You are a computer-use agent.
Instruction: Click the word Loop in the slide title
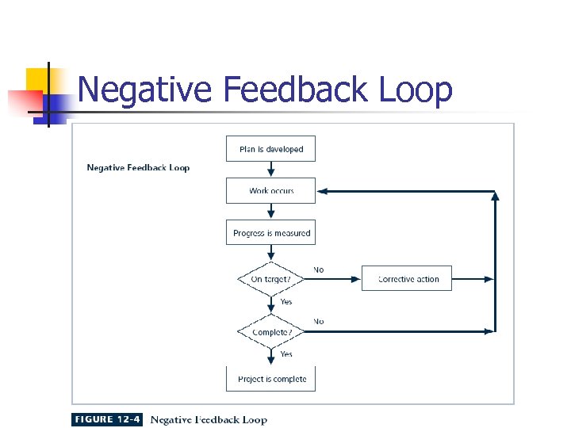click(416, 90)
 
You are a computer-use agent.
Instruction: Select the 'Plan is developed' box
click(270, 149)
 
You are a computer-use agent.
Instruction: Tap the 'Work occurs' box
click(270, 191)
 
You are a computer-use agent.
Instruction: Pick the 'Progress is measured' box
click(270, 233)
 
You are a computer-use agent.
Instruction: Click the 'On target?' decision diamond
click(271, 279)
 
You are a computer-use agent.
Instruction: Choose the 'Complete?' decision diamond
click(271, 332)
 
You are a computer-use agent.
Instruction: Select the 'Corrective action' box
click(407, 278)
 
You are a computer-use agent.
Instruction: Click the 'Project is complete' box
click(271, 379)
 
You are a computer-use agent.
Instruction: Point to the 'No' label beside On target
click(318, 269)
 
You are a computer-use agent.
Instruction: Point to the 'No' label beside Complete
click(318, 321)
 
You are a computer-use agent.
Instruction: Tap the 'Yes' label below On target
click(285, 301)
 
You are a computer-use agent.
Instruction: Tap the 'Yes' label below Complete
click(285, 354)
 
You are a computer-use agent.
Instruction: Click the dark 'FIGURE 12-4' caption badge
click(106, 419)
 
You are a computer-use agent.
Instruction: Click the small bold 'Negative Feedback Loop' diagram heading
click(138, 167)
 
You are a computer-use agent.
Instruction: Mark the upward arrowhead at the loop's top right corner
click(496, 196)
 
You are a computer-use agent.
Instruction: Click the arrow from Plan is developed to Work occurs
click(271, 170)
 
